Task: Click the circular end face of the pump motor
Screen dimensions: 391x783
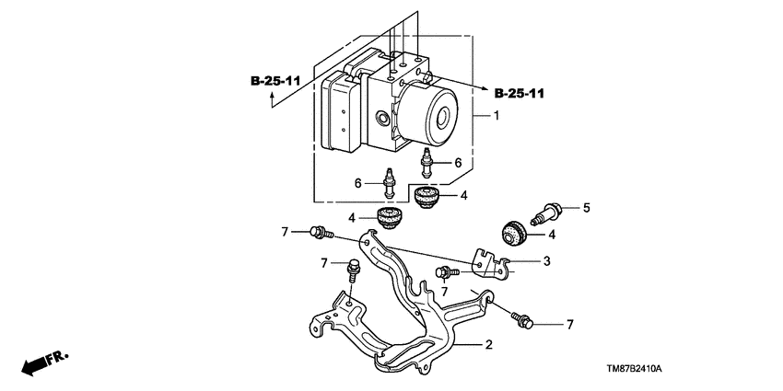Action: [448, 118]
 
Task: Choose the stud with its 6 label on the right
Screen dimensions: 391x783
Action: [427, 163]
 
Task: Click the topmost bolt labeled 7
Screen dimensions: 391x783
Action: [320, 232]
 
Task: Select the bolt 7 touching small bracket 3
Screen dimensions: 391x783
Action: [446, 271]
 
